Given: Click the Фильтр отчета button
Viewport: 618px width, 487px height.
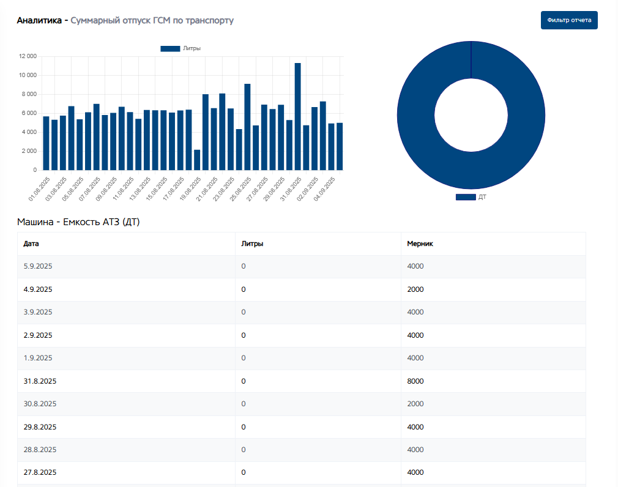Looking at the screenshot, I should [569, 20].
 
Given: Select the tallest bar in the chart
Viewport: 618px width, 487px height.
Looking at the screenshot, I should [297, 116].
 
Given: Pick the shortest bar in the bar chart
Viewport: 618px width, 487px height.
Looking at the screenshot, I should [197, 160].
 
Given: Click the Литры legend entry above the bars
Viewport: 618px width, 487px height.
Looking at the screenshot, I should [181, 48].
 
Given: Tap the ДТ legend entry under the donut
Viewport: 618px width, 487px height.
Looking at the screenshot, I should [471, 197].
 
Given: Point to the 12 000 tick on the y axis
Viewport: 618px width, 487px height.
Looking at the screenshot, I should [28, 56].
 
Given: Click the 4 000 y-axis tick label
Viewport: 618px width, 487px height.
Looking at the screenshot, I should [28, 132].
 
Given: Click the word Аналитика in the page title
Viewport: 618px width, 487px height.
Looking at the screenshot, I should [40, 21].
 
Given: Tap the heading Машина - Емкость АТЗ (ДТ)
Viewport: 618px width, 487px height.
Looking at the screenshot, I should [78, 221].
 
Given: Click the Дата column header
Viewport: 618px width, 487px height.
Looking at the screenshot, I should [31, 243].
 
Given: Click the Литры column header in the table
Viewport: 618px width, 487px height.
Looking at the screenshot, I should [253, 243].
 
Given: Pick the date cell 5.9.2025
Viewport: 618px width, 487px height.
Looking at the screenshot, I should [37, 266].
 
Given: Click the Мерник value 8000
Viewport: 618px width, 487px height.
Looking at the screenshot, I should [415, 381].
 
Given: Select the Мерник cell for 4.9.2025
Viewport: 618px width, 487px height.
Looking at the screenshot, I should [415, 289].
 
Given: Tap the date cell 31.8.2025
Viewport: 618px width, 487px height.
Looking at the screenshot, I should [40, 381].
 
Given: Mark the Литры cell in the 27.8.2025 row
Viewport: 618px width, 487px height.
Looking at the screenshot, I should [244, 472].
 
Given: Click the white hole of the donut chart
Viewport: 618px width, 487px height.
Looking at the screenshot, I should [471, 114].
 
